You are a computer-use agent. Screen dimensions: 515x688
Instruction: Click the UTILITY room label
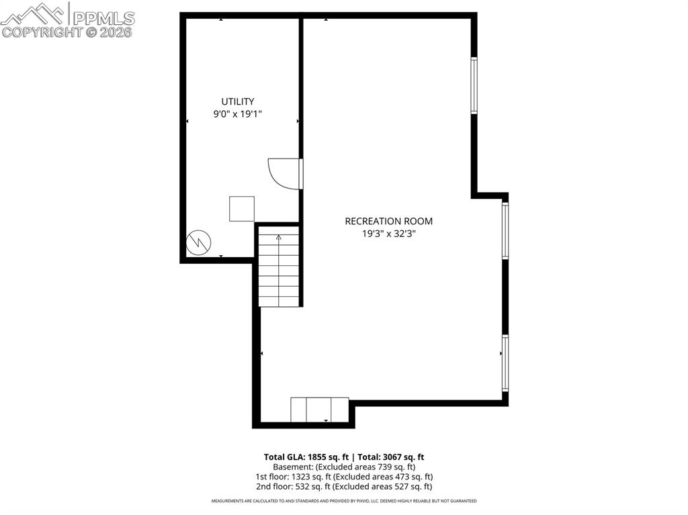click(238, 102)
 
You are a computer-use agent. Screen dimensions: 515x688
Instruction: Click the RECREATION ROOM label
click(388, 221)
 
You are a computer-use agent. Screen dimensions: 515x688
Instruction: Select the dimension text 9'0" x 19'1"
click(237, 115)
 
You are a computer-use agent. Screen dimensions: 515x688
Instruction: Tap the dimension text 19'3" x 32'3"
click(388, 234)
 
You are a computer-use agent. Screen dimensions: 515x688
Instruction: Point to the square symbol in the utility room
click(242, 209)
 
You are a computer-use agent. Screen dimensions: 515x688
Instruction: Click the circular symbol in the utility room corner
click(198, 242)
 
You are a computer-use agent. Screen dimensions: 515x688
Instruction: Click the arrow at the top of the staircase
click(279, 237)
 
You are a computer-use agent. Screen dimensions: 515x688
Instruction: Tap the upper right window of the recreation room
click(474, 85)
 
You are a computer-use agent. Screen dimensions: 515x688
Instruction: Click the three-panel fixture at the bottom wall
click(320, 410)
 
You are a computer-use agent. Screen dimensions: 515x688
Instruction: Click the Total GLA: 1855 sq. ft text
click(302, 457)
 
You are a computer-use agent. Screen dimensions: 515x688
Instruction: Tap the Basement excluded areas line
click(343, 467)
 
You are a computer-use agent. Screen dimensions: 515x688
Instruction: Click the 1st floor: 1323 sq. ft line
click(343, 477)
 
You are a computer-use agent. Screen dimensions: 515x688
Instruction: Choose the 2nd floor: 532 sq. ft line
click(343, 487)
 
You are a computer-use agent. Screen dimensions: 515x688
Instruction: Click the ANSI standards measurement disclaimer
click(343, 501)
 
